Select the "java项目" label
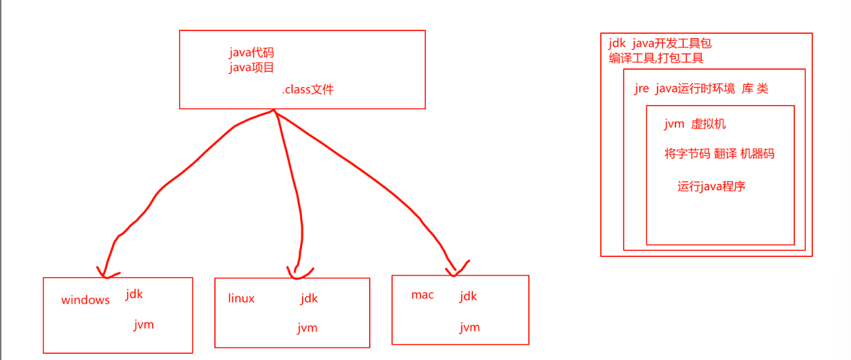coord(252,67)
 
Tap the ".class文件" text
coord(308,89)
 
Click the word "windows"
coord(85,300)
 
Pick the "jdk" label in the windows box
coord(134,294)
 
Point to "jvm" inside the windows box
coord(144,324)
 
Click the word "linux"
coord(241,299)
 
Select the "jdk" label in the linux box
coord(309,299)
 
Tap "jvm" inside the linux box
coord(308,328)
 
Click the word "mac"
coord(422,295)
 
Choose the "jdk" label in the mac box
coord(468,296)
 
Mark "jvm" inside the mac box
coord(469,327)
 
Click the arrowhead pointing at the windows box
coord(104,272)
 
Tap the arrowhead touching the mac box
coord(456,269)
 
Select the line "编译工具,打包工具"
coord(656,59)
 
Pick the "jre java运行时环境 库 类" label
coord(701,88)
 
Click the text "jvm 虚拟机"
coord(695,124)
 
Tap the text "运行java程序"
coord(711,186)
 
